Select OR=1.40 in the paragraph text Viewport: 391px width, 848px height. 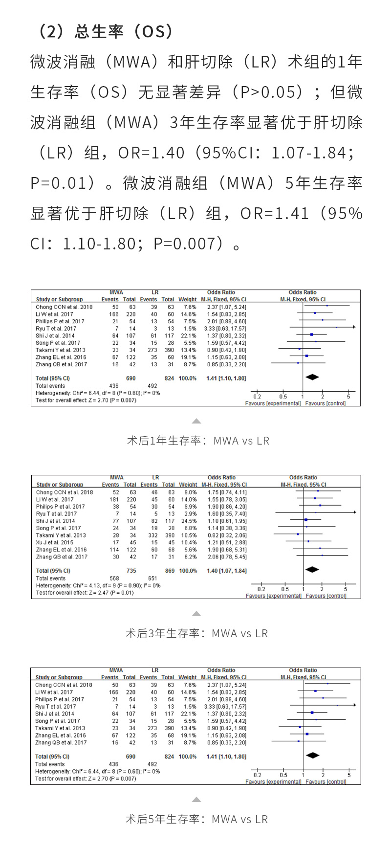click(151, 153)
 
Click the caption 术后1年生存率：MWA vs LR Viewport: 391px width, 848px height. click(198, 441)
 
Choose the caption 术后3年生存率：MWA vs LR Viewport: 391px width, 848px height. click(197, 633)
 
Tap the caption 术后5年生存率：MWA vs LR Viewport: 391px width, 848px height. click(197, 819)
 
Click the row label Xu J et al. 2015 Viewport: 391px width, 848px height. click(55, 542)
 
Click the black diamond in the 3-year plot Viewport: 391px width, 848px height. click(312, 569)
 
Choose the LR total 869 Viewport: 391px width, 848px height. click(169, 571)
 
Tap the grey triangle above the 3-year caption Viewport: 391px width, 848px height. click(196, 614)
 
